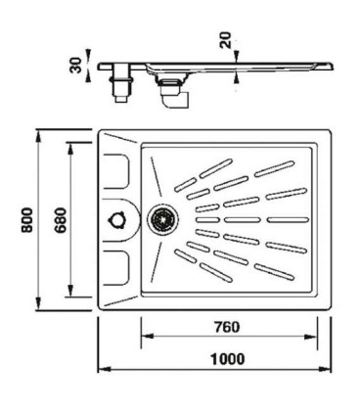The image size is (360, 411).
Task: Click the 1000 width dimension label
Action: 228,359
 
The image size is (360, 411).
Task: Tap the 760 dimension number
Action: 227,327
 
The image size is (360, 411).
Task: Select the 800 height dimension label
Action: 27,220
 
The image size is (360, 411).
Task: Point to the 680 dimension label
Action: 61,220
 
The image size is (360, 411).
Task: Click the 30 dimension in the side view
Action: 75,66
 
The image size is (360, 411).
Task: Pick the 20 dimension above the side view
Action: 226,40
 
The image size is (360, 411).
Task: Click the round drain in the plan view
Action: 162,219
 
